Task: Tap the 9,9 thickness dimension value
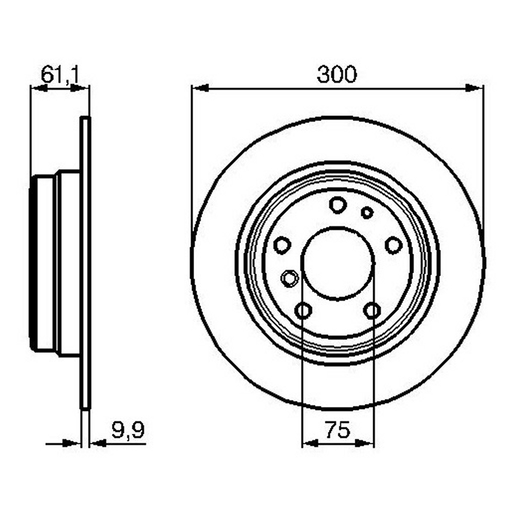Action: (x=128, y=431)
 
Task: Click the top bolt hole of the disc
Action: (x=338, y=204)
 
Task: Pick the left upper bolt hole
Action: (x=282, y=245)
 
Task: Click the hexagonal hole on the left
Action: (x=290, y=278)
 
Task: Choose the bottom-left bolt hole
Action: (x=304, y=310)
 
